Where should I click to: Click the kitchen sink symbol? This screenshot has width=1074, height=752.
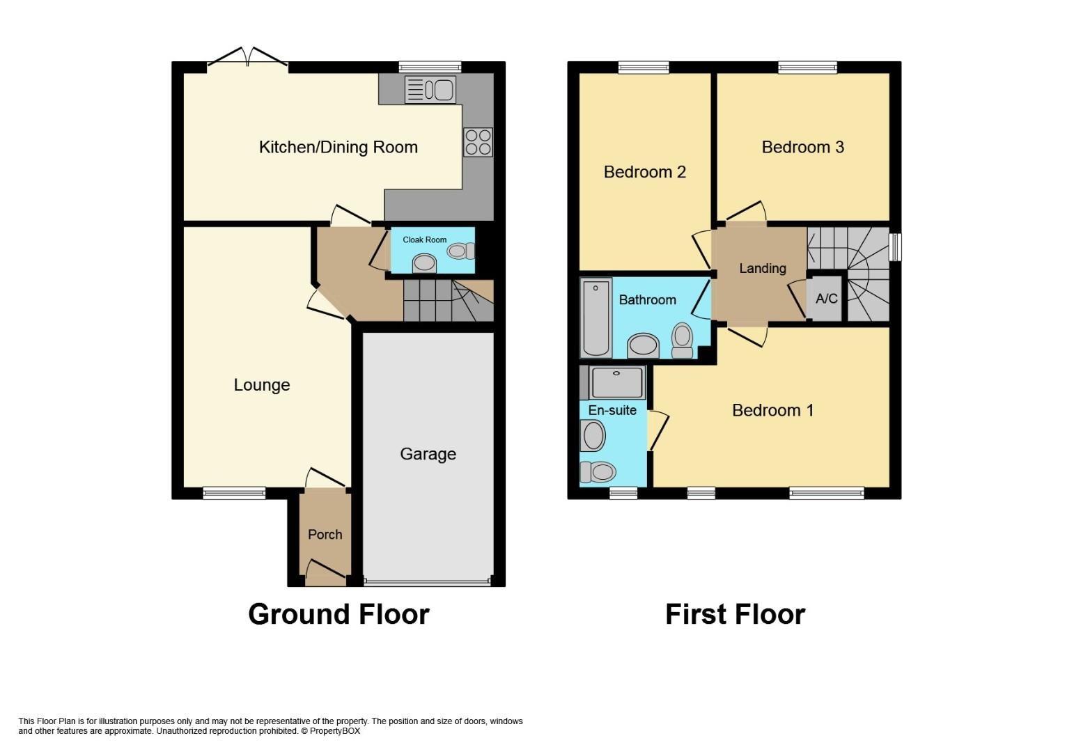click(430, 90)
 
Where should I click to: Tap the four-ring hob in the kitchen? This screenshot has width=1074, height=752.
click(478, 142)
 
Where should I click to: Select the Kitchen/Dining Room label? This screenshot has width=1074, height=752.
click(338, 147)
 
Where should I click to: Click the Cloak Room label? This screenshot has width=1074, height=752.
click(424, 240)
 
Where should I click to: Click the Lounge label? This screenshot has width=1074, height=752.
click(261, 385)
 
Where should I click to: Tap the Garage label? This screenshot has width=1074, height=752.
click(428, 454)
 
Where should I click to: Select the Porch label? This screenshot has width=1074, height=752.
click(325, 535)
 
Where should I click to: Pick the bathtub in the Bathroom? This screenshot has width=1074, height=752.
click(596, 318)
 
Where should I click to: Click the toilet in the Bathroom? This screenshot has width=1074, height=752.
click(682, 340)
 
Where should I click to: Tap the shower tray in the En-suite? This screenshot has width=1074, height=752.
click(616, 382)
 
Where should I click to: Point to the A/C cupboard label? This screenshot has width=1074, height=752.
click(826, 299)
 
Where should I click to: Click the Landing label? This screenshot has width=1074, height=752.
click(762, 268)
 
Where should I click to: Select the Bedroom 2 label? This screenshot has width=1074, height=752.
click(644, 172)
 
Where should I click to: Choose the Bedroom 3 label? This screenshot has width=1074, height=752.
click(802, 147)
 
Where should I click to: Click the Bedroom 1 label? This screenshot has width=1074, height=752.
click(772, 410)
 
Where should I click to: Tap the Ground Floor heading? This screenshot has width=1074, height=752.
click(338, 614)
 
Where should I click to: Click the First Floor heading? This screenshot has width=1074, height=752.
click(735, 614)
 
